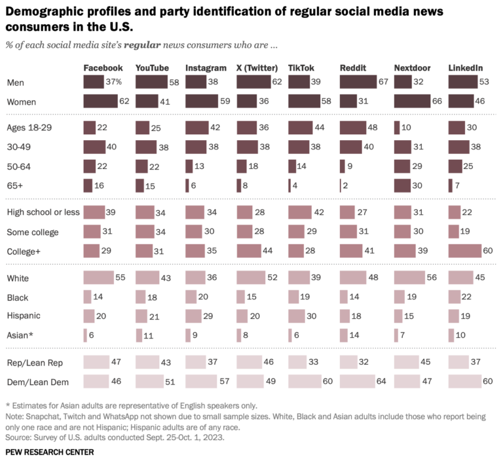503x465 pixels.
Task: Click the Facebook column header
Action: coord(103,68)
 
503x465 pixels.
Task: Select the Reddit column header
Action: coord(354,68)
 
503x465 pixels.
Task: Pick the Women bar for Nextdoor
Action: coord(413,101)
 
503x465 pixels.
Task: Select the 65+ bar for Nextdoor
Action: coord(402,185)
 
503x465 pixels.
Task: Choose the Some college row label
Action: coord(32,231)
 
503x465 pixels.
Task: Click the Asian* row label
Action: coord(20,335)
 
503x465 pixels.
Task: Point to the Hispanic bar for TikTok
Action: coord(297,316)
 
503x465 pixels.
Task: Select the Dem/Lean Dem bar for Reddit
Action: coord(358,381)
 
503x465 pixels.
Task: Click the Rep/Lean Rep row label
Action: coord(35,362)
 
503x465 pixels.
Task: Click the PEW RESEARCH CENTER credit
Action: coord(49,452)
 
